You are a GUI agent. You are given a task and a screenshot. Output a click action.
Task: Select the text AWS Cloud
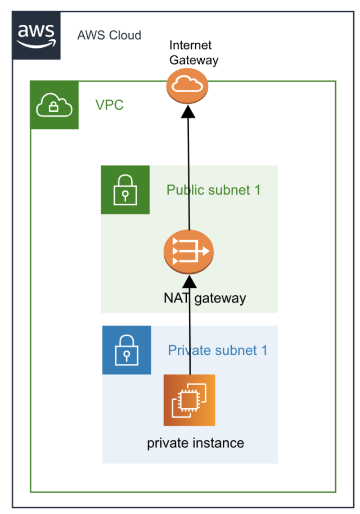click(109, 35)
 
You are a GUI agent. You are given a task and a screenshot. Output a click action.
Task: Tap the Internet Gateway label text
click(190, 53)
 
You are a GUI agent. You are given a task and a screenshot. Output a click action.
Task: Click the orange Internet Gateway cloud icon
click(187, 85)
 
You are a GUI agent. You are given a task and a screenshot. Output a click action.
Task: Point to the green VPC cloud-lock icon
click(55, 105)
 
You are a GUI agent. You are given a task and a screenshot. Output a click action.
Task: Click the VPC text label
click(109, 105)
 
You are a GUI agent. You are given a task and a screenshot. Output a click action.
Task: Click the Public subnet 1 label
click(213, 190)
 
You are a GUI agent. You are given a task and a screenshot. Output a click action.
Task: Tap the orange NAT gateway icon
click(189, 251)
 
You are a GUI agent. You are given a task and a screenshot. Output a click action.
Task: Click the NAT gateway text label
click(205, 297)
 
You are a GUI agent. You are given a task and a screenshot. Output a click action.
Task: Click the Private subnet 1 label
click(218, 350)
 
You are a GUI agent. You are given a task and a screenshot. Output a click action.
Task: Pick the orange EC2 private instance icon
click(190, 400)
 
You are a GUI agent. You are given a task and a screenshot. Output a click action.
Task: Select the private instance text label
click(195, 443)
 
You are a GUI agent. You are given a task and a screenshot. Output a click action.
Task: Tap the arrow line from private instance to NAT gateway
click(190, 332)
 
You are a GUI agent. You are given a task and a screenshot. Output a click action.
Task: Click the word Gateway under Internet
click(193, 60)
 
